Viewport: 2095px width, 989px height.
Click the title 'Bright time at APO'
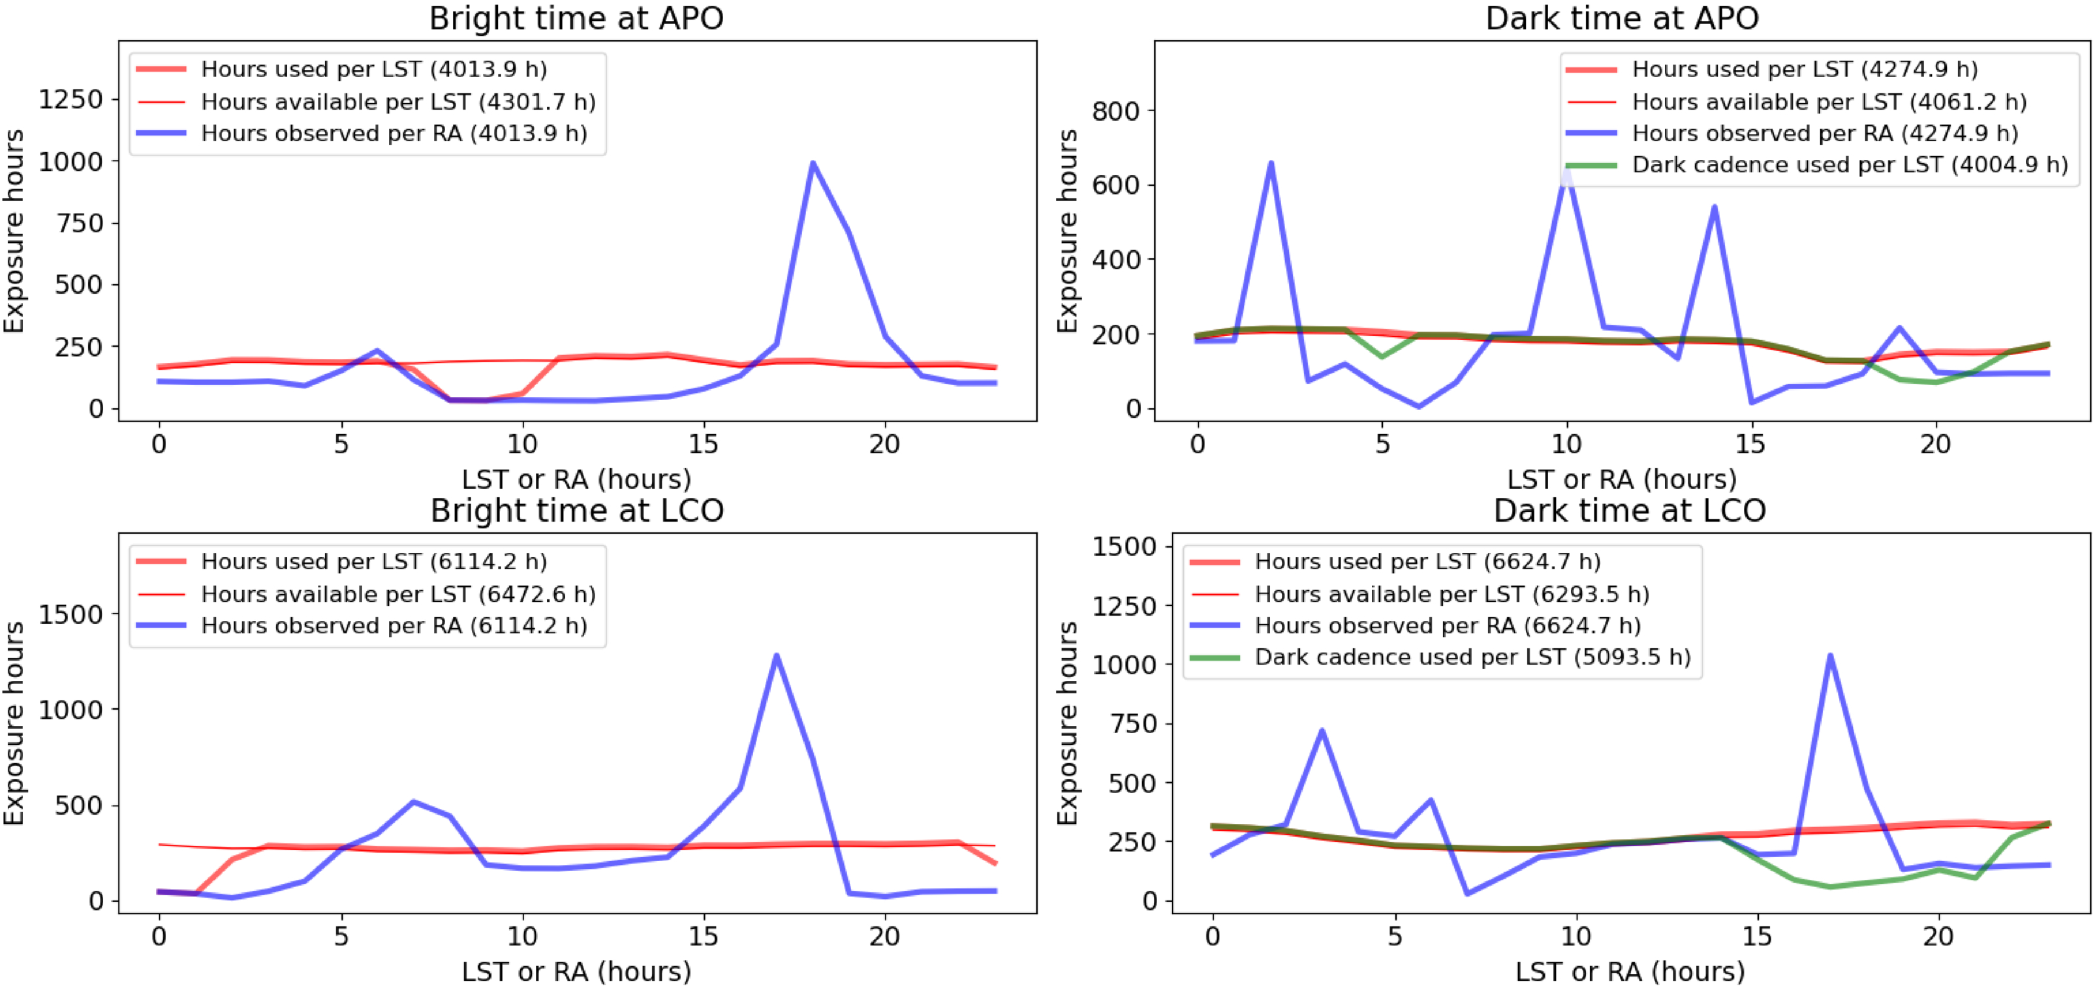coord(576,18)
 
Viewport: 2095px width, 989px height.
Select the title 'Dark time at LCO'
coord(1629,510)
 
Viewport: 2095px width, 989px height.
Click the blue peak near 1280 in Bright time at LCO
coord(777,655)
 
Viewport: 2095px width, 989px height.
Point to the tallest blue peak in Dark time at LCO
coord(1830,655)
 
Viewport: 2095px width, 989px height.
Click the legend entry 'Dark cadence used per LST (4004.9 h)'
coord(1850,165)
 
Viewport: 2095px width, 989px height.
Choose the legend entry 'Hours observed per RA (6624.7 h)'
coord(1448,625)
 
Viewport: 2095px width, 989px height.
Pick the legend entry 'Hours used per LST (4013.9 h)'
coord(373,69)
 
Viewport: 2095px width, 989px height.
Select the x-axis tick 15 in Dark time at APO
coord(1750,444)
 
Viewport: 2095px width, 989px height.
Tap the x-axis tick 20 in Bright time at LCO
coord(884,936)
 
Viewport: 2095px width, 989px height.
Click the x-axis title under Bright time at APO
coord(576,479)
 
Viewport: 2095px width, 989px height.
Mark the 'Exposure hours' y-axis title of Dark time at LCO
coord(1066,723)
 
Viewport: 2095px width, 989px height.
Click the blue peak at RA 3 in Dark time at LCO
coord(1322,730)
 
